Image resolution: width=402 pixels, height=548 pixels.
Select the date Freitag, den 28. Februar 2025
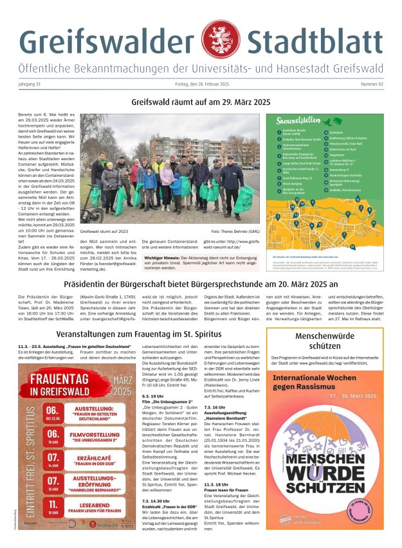pos(201,84)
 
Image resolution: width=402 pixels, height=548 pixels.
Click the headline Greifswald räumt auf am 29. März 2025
pos(201,102)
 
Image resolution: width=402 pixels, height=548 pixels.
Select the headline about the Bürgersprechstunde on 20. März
pos(201,282)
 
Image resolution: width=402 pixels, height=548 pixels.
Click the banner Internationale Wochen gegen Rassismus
pos(330,382)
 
